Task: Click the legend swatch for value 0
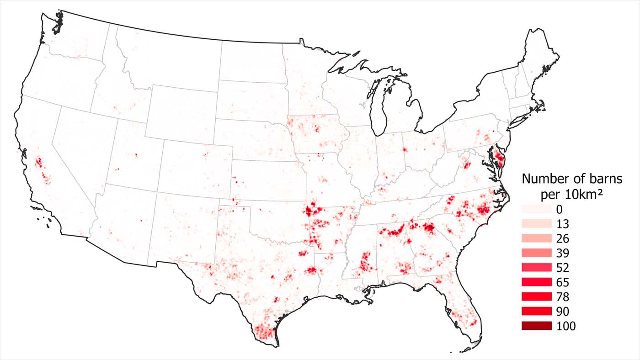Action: tap(536, 209)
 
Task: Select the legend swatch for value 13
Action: tap(536, 223)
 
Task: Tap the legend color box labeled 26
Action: tap(536, 238)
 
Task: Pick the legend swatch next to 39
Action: tap(536, 253)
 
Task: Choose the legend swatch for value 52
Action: tap(536, 267)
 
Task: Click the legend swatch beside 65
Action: tap(536, 282)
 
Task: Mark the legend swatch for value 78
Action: tap(536, 296)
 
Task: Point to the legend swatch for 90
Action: tap(536, 311)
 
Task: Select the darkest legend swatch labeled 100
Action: tap(536, 326)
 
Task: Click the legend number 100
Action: tap(566, 326)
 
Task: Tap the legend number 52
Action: tap(563, 268)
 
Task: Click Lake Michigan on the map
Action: tap(379, 110)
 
